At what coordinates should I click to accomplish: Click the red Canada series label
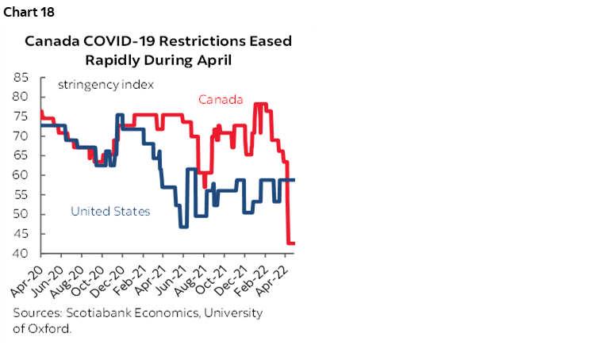220,99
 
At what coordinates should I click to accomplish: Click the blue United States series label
110,211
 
